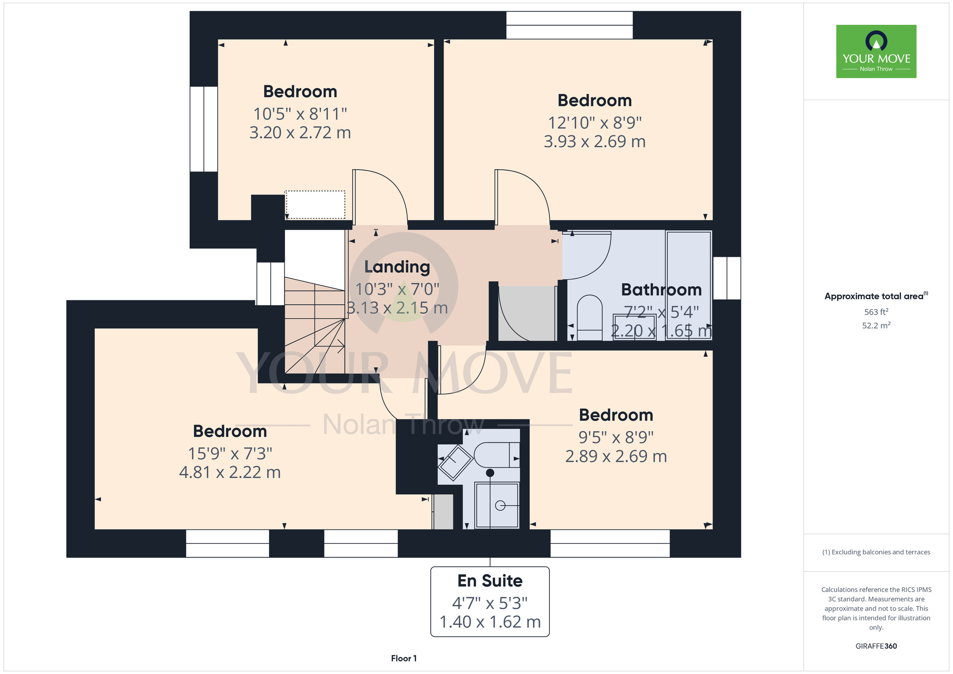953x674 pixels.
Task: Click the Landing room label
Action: tap(397, 267)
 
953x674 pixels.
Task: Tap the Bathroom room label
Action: tap(661, 290)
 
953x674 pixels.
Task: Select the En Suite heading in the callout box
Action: tap(490, 581)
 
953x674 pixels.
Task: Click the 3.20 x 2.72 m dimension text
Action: tap(300, 133)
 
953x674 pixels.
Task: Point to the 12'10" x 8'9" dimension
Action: tap(595, 123)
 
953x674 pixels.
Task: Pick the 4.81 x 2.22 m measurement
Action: tap(230, 472)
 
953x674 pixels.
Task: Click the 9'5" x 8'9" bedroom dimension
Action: tap(616, 437)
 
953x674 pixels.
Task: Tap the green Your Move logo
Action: tap(876, 51)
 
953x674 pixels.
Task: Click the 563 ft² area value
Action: tap(876, 312)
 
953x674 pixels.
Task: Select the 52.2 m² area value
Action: tap(876, 326)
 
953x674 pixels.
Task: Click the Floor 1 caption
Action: tap(404, 658)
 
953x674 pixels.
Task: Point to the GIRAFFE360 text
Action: tap(876, 646)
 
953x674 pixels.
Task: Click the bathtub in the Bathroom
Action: tap(689, 285)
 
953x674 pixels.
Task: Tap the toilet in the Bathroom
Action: tap(589, 318)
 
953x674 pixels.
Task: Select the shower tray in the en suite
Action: tap(497, 505)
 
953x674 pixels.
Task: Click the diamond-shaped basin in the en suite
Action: tap(456, 462)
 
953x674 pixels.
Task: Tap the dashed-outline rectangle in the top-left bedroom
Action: tap(315, 205)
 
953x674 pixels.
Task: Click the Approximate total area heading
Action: tap(876, 296)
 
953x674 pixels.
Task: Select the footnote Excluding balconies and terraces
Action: tap(876, 552)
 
